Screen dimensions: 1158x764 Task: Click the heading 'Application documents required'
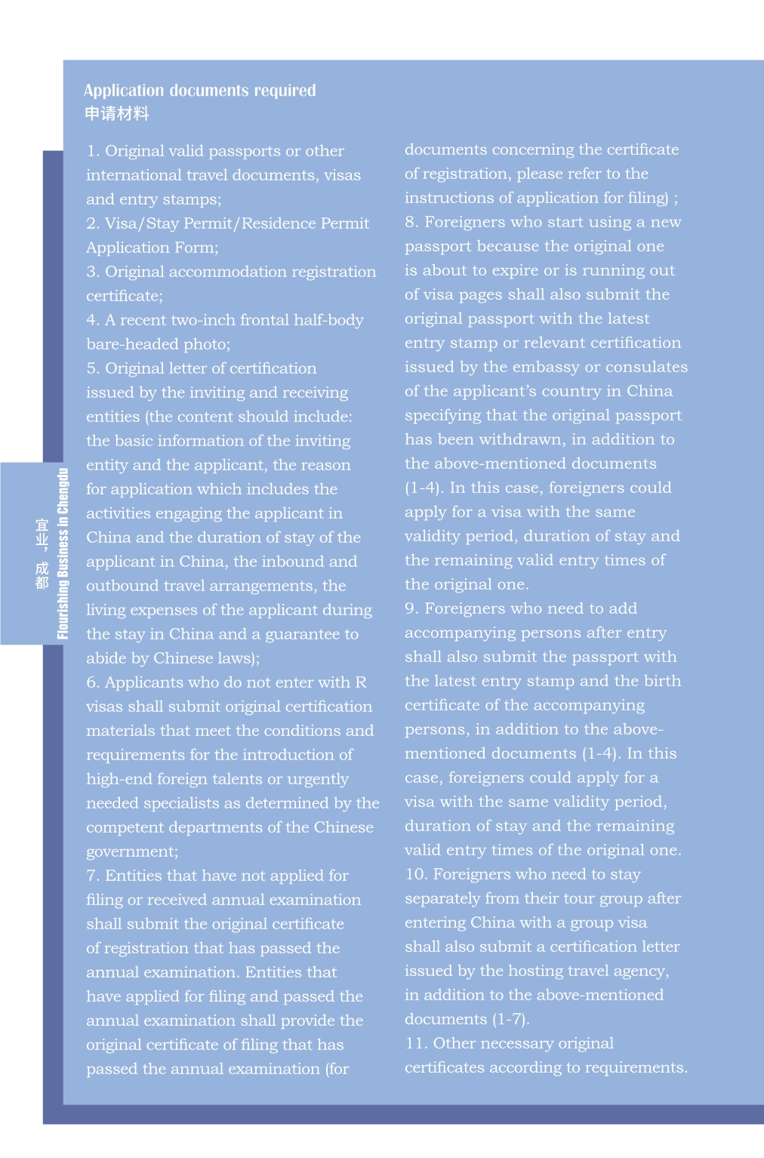coord(199,91)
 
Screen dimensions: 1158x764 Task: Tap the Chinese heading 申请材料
coord(116,114)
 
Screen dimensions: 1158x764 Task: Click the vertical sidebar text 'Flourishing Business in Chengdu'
coord(63,553)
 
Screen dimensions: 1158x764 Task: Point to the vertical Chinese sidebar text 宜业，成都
coord(42,553)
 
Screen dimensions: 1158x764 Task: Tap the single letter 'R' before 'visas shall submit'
coord(360,682)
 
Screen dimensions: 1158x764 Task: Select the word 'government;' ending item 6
coord(132,852)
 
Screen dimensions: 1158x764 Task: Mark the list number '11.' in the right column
coord(416,1043)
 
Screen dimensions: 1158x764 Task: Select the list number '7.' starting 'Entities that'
coord(93,876)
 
